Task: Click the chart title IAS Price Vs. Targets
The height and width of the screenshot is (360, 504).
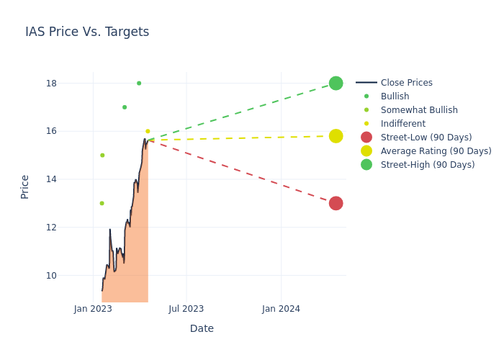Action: click(87, 32)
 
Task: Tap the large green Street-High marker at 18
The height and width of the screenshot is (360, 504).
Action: click(336, 83)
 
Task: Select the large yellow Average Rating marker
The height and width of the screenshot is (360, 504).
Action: click(336, 136)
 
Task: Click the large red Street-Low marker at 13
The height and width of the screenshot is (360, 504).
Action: click(336, 203)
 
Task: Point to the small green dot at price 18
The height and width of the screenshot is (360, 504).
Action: click(139, 83)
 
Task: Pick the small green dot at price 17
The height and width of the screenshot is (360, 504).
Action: click(125, 107)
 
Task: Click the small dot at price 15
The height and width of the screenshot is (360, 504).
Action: click(102, 155)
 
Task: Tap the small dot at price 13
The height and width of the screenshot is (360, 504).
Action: click(102, 203)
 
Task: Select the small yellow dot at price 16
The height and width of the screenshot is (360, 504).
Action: click(148, 132)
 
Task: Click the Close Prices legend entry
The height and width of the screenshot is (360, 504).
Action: click(406, 83)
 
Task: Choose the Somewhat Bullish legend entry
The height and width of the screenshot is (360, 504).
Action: click(419, 110)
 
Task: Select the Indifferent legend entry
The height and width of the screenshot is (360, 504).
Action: click(402, 124)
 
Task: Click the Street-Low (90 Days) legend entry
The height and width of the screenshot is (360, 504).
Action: click(426, 138)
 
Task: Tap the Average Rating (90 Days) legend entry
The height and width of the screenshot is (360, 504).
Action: click(436, 151)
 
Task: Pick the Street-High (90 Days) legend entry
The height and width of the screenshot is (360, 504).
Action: click(427, 165)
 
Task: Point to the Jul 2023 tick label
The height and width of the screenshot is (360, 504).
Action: click(186, 309)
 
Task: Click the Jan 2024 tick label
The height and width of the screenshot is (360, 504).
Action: click(281, 309)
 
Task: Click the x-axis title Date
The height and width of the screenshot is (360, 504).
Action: click(202, 328)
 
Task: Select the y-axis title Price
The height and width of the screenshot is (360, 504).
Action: click(25, 186)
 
